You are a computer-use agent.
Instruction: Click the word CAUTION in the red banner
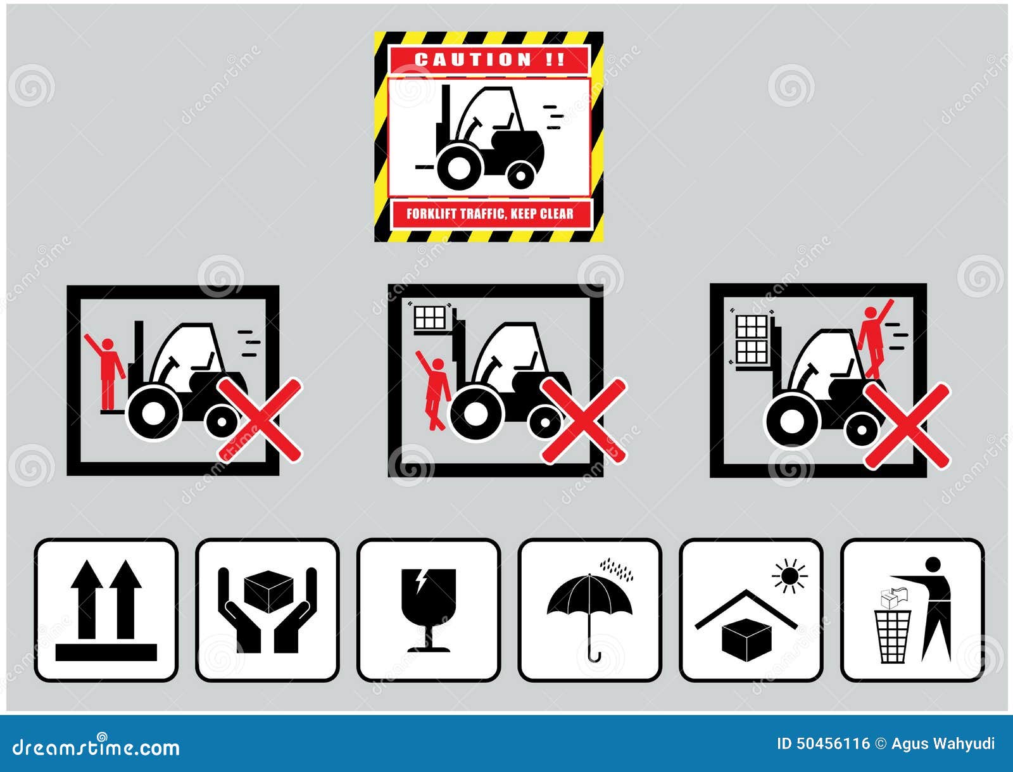click(474, 60)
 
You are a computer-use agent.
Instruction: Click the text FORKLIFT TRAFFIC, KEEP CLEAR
click(489, 213)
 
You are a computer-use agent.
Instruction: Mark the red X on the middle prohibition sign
click(584, 420)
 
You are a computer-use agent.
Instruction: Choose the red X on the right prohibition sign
click(907, 426)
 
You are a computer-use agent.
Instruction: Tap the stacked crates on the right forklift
click(752, 339)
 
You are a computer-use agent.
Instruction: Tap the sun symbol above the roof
click(790, 576)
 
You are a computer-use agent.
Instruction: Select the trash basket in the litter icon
click(893, 635)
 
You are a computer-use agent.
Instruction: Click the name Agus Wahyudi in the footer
click(943, 744)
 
